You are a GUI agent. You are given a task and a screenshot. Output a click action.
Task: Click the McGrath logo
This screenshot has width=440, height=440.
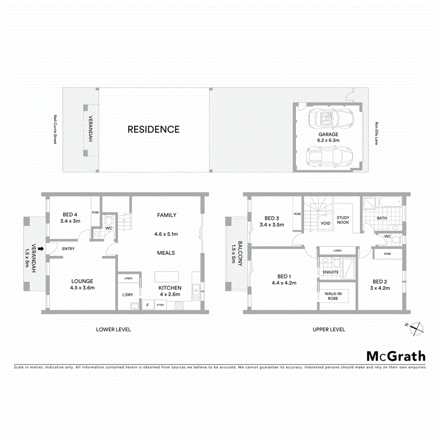tap(396, 356)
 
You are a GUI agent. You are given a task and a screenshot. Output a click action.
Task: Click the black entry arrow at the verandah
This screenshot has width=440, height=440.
tap(42, 249)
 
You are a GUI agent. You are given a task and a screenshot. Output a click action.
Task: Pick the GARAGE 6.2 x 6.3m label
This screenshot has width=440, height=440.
tap(328, 137)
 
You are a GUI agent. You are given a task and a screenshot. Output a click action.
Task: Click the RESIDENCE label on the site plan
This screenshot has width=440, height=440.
tap(153, 129)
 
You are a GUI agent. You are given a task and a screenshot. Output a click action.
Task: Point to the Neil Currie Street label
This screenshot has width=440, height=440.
tap(55, 129)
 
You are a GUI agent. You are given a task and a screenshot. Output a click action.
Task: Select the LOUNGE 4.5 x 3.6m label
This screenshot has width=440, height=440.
tap(83, 284)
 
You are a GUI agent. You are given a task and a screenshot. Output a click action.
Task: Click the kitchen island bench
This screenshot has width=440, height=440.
tap(168, 276)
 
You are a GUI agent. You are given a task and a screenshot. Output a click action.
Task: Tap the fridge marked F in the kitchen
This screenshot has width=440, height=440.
tap(147, 305)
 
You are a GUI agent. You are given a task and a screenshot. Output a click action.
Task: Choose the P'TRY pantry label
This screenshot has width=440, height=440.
tap(160, 305)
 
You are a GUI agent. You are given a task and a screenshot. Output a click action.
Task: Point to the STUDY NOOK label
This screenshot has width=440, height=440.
tap(343, 220)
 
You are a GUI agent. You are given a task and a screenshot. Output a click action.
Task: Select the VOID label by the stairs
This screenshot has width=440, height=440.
tap(325, 223)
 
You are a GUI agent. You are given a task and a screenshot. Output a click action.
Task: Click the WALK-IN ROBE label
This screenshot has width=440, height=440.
tap(333, 296)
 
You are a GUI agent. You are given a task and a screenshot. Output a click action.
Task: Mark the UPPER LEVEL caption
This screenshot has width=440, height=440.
tap(329, 330)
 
